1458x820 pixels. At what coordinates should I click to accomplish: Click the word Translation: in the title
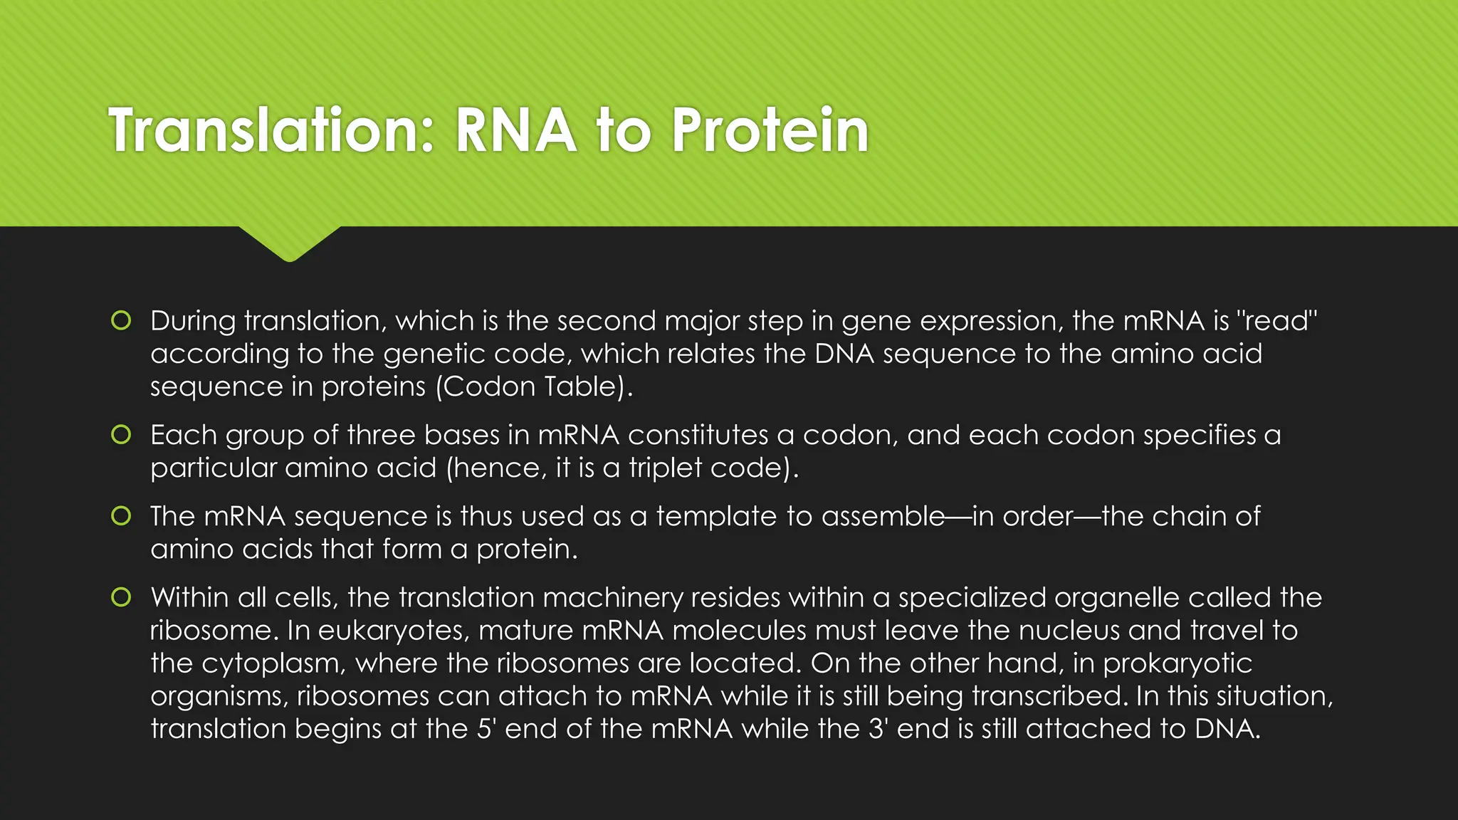pyautogui.click(x=271, y=130)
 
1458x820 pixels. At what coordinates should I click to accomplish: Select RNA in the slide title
pyautogui.click(x=515, y=130)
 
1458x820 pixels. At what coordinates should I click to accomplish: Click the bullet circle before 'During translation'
pyautogui.click(x=121, y=321)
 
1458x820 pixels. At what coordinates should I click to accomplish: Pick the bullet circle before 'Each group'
pyautogui.click(x=121, y=434)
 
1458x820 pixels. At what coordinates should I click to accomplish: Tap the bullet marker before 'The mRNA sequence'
pyautogui.click(x=121, y=516)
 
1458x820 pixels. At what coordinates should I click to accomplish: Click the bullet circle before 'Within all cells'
pyautogui.click(x=121, y=597)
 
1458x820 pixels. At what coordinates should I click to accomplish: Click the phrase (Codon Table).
pyautogui.click(x=533, y=387)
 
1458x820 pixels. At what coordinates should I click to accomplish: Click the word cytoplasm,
pyautogui.click(x=273, y=663)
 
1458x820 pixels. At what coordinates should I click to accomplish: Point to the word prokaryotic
pyautogui.click(x=1178, y=663)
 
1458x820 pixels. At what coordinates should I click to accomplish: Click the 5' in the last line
pyautogui.click(x=486, y=728)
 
